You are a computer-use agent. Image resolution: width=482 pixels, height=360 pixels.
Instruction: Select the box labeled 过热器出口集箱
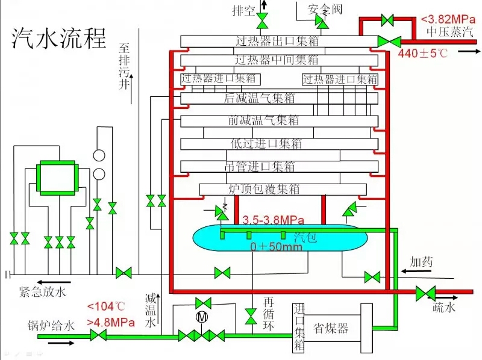pyautogui.click(x=277, y=42)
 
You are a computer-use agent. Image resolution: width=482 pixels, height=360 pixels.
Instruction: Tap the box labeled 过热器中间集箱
pyautogui.click(x=277, y=60)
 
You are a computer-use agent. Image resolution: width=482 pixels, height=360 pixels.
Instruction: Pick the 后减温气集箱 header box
pyautogui.click(x=277, y=98)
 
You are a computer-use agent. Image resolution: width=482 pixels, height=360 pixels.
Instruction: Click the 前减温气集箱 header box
pyautogui.click(x=277, y=120)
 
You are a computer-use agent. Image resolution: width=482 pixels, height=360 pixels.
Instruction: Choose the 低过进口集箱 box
pyautogui.click(x=277, y=144)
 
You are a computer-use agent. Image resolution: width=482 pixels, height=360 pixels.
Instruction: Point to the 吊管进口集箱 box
pyautogui.click(x=277, y=167)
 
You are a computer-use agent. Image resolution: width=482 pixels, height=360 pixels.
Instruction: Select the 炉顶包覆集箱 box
pyautogui.click(x=281, y=190)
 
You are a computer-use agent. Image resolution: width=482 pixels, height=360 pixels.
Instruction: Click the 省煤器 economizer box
pyautogui.click(x=331, y=329)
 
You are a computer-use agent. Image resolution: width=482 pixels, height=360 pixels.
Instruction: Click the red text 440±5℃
pyautogui.click(x=423, y=54)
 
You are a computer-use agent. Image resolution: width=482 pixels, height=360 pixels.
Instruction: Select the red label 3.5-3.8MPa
pyautogui.click(x=273, y=219)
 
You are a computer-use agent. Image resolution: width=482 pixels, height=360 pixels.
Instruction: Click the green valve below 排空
pyautogui.click(x=263, y=23)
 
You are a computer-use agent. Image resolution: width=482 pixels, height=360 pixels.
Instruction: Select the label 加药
pyautogui.click(x=422, y=262)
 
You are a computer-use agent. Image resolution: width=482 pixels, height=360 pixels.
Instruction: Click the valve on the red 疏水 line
pyautogui.click(x=425, y=293)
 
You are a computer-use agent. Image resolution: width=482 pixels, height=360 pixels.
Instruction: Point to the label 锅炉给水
pyautogui.click(x=51, y=326)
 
